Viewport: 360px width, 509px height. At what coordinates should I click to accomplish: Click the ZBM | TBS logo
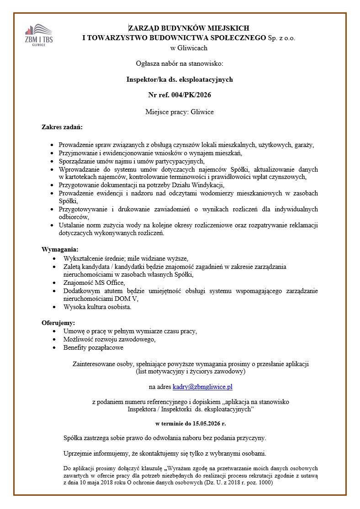(x=39, y=34)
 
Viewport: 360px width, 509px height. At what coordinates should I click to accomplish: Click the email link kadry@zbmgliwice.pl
(x=202, y=387)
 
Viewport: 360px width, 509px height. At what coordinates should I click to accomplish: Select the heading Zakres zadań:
(x=62, y=126)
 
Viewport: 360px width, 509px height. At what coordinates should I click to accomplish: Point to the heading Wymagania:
(x=60, y=249)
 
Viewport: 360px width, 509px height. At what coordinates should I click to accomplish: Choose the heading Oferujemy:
(x=58, y=323)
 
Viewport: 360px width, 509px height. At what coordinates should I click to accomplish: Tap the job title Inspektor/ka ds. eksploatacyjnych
(x=180, y=79)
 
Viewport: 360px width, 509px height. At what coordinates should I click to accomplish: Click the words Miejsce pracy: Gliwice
(x=180, y=112)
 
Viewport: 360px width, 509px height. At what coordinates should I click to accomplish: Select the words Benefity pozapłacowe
(x=93, y=347)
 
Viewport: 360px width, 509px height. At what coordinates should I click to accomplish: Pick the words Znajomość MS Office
(x=93, y=283)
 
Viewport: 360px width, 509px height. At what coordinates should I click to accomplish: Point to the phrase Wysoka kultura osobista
(x=97, y=307)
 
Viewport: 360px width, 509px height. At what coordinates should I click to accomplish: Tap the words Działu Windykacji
(x=199, y=185)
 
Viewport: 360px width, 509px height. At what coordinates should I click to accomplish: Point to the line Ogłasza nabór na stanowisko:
(x=180, y=63)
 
